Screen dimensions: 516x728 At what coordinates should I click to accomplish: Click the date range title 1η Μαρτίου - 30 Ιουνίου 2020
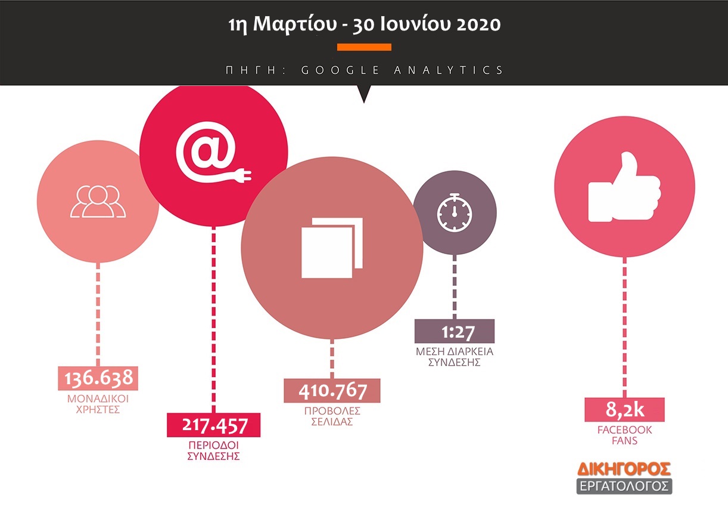point(364,26)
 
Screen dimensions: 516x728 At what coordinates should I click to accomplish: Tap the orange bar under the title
point(364,47)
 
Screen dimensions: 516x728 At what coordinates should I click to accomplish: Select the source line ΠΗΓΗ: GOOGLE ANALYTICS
point(365,70)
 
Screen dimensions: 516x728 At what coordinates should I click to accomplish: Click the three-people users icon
point(98,202)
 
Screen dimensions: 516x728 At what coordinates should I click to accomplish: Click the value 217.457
point(214,425)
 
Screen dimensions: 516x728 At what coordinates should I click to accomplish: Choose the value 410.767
point(332,391)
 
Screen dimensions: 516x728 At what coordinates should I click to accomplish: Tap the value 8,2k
point(624,410)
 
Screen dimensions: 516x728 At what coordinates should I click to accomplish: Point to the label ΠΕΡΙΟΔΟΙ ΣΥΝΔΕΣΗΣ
point(214,450)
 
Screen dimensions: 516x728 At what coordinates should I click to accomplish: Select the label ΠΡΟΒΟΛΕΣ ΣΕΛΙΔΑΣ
point(332,416)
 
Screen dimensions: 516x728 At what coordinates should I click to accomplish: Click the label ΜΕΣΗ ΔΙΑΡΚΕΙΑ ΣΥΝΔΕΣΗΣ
point(455,357)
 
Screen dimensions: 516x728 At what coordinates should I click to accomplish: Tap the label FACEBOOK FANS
point(624,435)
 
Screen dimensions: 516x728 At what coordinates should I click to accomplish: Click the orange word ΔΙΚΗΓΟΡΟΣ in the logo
point(624,468)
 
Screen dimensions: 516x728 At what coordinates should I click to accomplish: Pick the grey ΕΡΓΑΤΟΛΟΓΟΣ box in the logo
point(624,486)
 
